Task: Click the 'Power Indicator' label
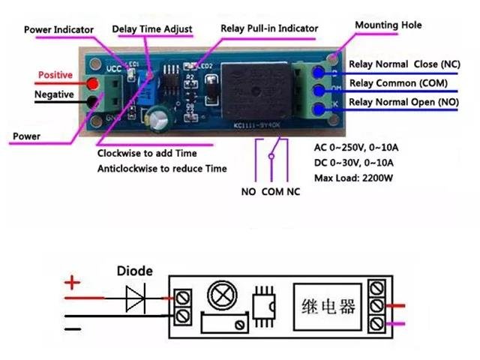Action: [x=59, y=29]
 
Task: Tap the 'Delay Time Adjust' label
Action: [x=152, y=29]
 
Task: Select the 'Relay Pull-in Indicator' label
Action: [x=269, y=28]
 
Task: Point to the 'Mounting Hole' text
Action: [x=388, y=25]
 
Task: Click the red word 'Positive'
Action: [x=55, y=76]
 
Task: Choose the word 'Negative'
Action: [x=54, y=94]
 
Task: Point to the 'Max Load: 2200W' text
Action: [x=355, y=178]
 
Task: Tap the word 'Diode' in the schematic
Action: [x=134, y=271]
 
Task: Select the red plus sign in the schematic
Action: [x=73, y=283]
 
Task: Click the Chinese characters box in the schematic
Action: [x=328, y=305]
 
